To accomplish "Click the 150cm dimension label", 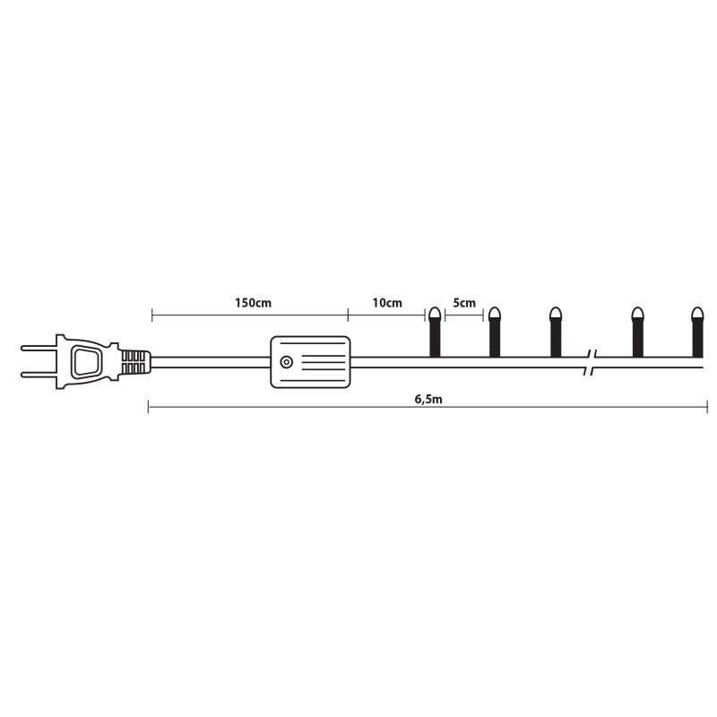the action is tap(253, 303).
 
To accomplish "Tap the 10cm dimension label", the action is tap(387, 303).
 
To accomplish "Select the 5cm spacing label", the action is tap(464, 303).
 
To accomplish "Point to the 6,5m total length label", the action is tap(428, 399).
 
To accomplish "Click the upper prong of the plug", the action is tap(39, 348).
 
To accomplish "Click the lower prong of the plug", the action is tap(39, 375).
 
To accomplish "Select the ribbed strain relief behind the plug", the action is tap(135, 362).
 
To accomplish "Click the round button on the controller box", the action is tap(286, 362).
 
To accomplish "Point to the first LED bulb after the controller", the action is tap(435, 332).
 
